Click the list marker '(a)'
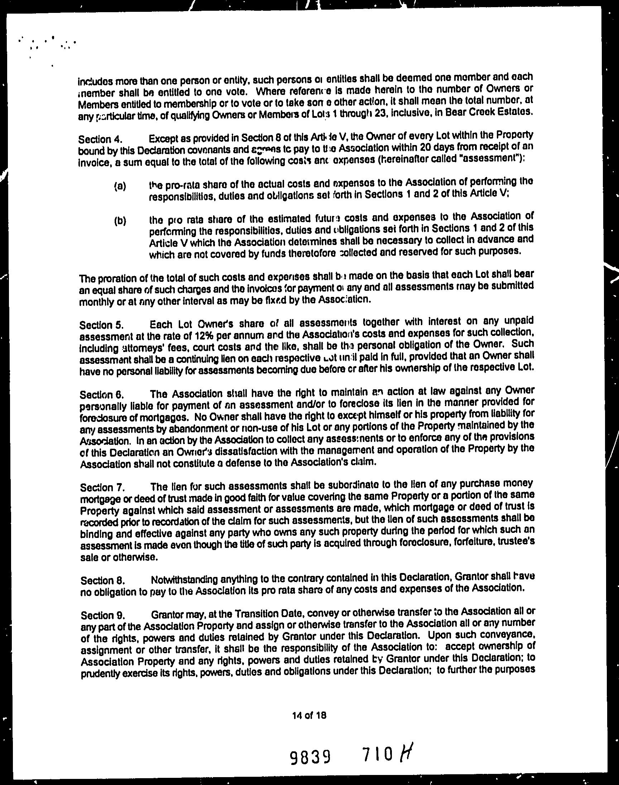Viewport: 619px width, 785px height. (120, 187)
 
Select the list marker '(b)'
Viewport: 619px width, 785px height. (120, 221)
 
